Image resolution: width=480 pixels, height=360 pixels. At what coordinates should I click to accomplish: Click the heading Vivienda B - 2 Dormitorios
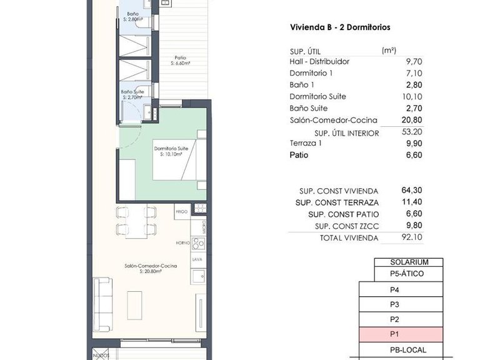(341, 27)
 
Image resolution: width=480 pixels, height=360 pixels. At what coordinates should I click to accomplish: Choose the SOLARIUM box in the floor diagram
(408, 262)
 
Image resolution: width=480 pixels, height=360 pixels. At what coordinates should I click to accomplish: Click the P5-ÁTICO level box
(408, 274)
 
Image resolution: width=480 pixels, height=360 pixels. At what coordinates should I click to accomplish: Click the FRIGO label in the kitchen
(182, 212)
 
